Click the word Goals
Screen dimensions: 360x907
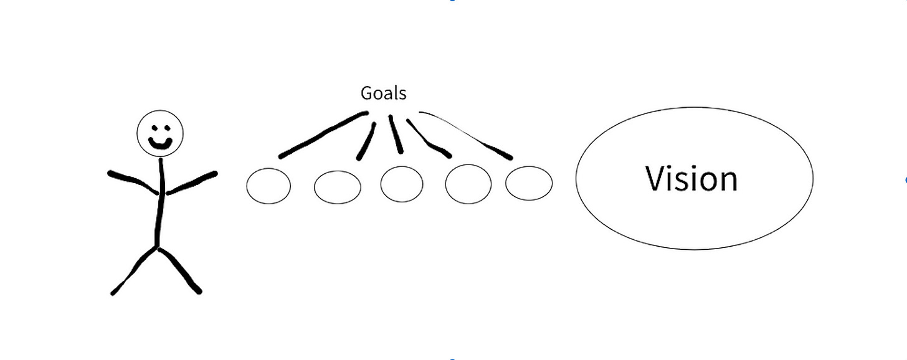[x=383, y=93]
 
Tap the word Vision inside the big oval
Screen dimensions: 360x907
[x=691, y=178]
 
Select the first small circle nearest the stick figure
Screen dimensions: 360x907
[x=268, y=186]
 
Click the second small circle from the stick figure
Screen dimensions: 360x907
[x=337, y=187]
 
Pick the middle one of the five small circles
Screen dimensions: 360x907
[x=402, y=184]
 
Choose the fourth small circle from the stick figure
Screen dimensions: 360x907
[x=468, y=184]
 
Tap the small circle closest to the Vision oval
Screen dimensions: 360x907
[x=528, y=183]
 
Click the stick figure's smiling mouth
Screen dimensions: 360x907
[x=160, y=144]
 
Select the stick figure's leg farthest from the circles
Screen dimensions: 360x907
[x=134, y=270]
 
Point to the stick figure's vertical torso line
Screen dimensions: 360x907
[x=160, y=206]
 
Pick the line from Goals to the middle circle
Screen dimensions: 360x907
[x=396, y=134]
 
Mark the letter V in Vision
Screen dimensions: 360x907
[x=657, y=178]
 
